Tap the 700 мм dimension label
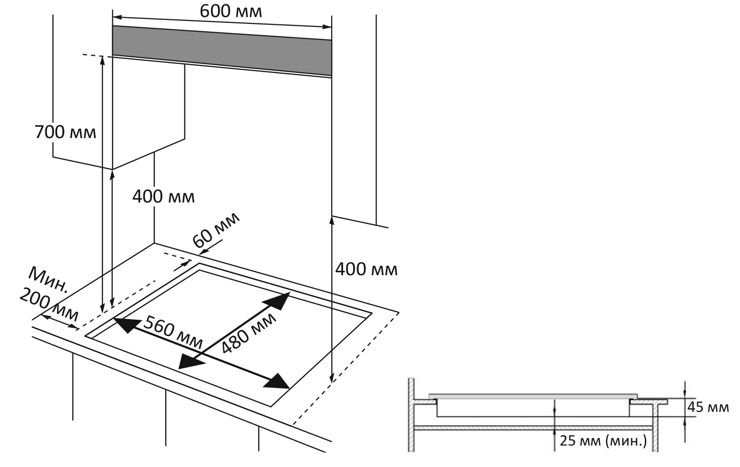[65, 132]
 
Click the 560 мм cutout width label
[173, 332]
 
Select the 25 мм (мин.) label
[603, 441]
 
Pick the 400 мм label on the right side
[366, 269]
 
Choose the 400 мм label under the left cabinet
[163, 197]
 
